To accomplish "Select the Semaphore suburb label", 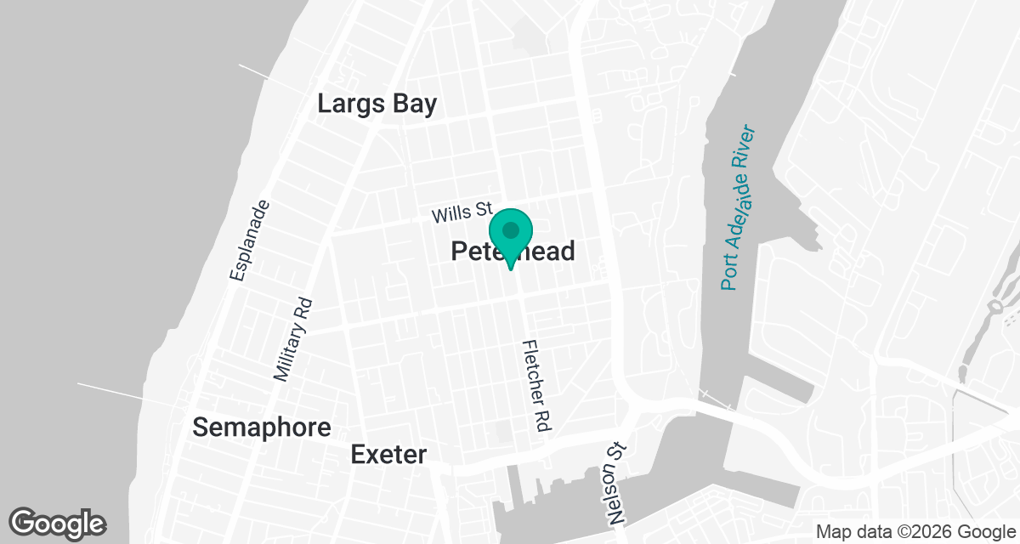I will point(261,428).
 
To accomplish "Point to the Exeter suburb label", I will point(388,455).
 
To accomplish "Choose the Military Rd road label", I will point(293,338).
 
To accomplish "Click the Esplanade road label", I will point(252,240).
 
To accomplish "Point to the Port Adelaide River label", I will point(738,208).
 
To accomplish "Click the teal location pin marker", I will point(510,237).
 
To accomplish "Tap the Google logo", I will point(58,523).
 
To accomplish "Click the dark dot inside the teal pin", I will point(510,229).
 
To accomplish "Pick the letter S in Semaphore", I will point(201,428).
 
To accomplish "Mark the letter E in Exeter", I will point(358,455).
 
